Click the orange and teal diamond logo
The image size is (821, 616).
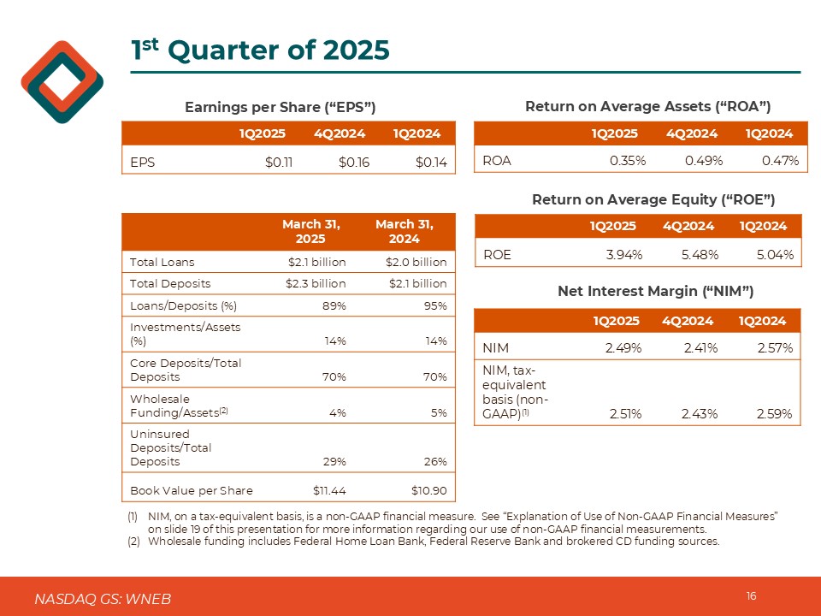click(x=62, y=82)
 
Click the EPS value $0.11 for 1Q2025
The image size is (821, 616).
click(x=279, y=160)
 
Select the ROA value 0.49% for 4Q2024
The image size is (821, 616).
click(x=701, y=160)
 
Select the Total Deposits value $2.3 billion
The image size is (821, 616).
click(x=315, y=283)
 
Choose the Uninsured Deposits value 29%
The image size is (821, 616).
click(x=334, y=462)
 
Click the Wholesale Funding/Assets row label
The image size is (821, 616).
click(x=179, y=405)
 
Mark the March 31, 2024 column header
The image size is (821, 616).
click(x=404, y=231)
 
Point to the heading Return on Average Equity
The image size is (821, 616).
click(x=653, y=199)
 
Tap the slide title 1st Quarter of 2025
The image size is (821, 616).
click(x=260, y=50)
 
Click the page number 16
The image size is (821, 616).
click(x=751, y=596)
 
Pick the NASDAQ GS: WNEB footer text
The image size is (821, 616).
click(x=103, y=599)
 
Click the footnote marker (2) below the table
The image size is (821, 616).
click(x=133, y=542)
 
